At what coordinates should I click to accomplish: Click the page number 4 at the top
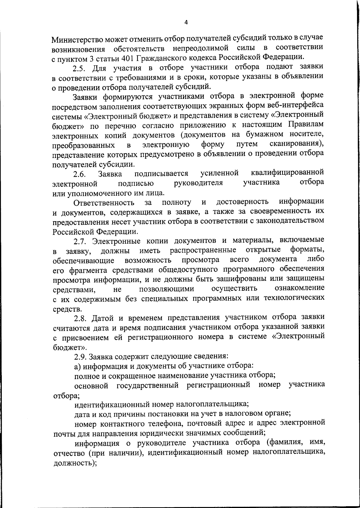(186, 22)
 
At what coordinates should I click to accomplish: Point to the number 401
(130, 58)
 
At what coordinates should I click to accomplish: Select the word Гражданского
(164, 57)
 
